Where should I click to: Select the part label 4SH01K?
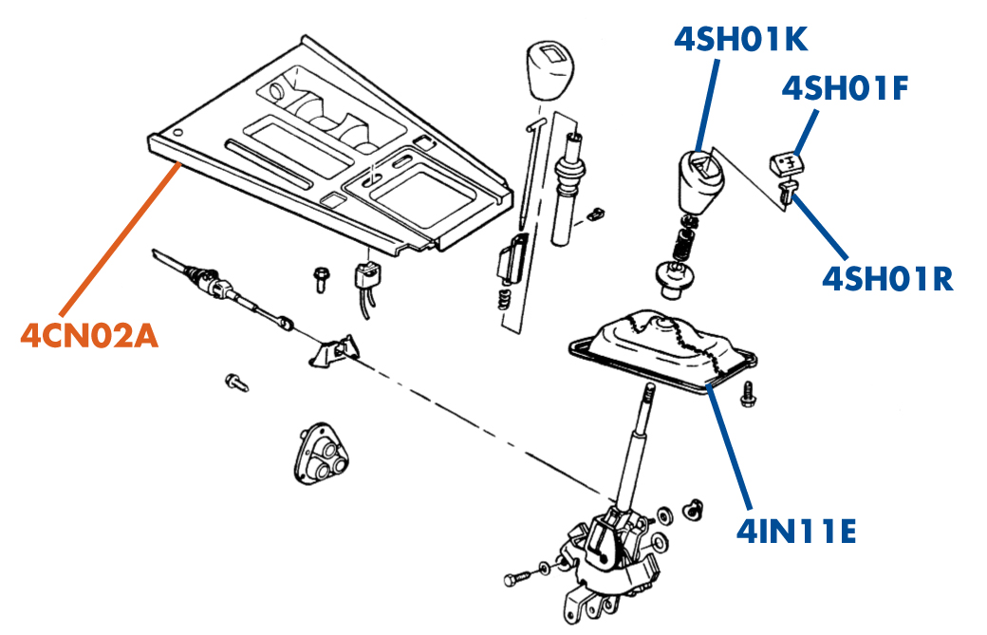(741, 39)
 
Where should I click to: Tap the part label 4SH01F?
(846, 88)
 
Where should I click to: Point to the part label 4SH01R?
(887, 278)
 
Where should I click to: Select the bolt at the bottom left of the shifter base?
(518, 578)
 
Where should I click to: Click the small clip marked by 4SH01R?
(786, 194)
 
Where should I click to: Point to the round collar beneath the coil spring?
(674, 276)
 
